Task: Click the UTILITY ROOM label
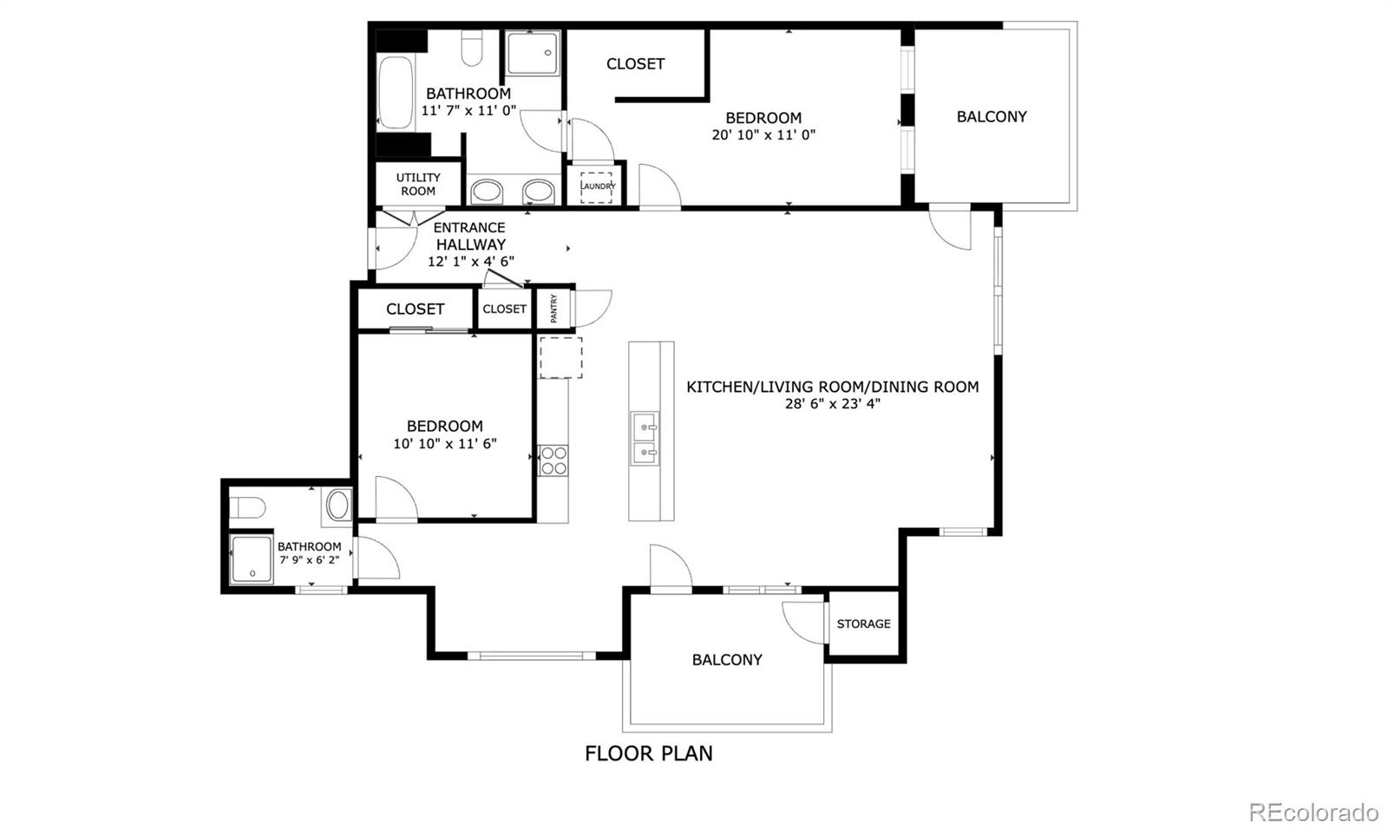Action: pyautogui.click(x=418, y=184)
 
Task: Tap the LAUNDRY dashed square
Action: pyautogui.click(x=597, y=186)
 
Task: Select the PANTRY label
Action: pyautogui.click(x=553, y=309)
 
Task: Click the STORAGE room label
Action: pyautogui.click(x=863, y=623)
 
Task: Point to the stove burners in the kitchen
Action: pyautogui.click(x=553, y=460)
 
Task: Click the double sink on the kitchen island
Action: pyautogui.click(x=644, y=439)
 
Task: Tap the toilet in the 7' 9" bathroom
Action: pyautogui.click(x=248, y=507)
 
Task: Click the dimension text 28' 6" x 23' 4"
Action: pyautogui.click(x=832, y=403)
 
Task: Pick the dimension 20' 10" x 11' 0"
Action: pyautogui.click(x=763, y=134)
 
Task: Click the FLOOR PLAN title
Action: pyautogui.click(x=648, y=753)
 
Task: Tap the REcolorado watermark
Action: pyautogui.click(x=1313, y=812)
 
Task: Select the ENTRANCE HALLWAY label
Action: pyautogui.click(x=469, y=236)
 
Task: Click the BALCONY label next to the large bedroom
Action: pyautogui.click(x=992, y=116)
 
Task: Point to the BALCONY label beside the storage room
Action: pyautogui.click(x=727, y=660)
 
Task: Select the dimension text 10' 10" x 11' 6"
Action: pyautogui.click(x=444, y=443)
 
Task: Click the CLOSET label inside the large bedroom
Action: pyautogui.click(x=635, y=63)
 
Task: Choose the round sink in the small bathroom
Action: pyautogui.click(x=337, y=505)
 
